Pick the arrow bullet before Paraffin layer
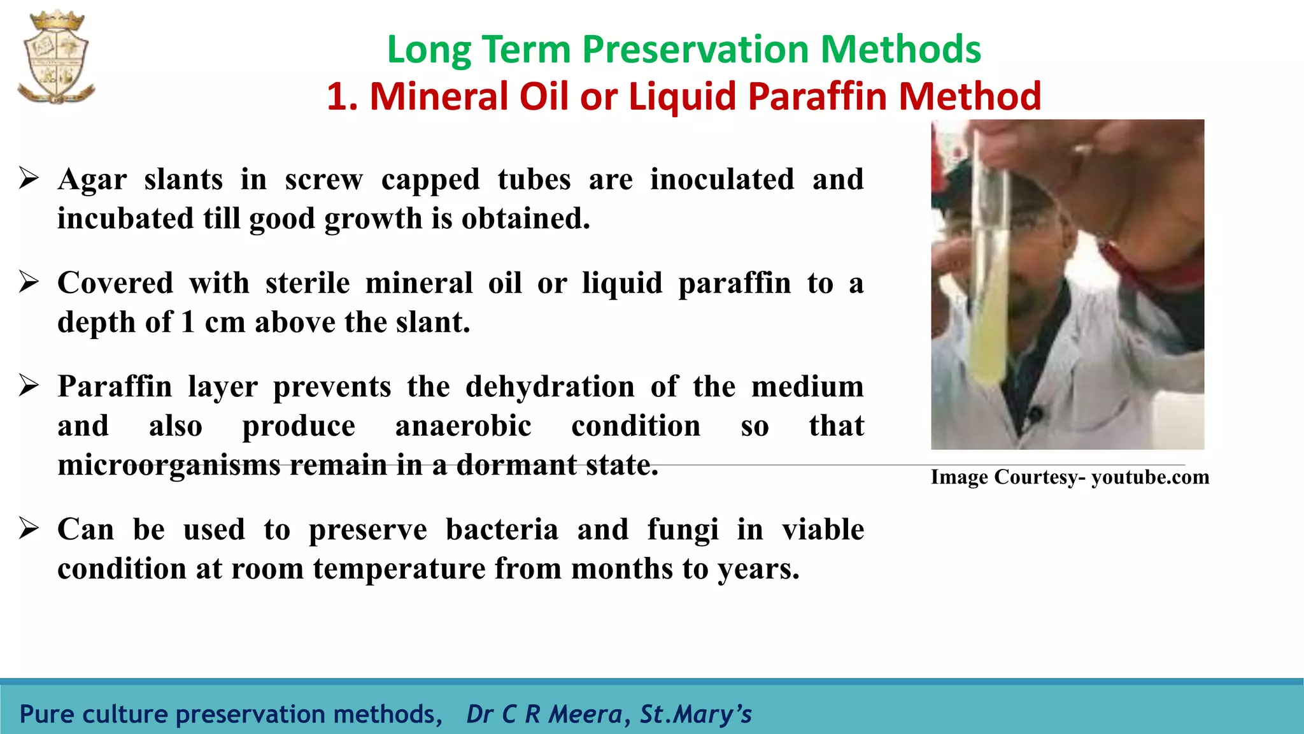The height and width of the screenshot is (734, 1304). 29,385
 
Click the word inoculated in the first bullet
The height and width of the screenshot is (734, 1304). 722,179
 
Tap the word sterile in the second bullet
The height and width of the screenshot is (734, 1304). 308,283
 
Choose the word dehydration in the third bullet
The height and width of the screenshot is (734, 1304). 550,387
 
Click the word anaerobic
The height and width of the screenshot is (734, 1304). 463,426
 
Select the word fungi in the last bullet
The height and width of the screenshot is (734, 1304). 683,529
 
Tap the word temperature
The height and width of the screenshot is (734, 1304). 399,568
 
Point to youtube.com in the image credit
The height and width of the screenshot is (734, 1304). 1150,477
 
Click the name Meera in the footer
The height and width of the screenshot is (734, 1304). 585,714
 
